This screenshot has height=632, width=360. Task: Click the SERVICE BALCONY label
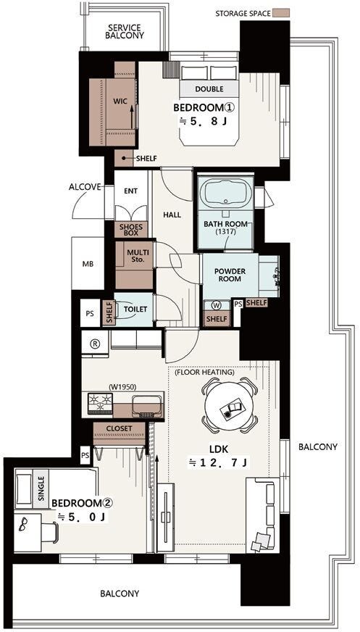(x=125, y=31)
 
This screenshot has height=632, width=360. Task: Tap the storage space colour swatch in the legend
(x=281, y=13)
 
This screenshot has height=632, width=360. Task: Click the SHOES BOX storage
(x=131, y=229)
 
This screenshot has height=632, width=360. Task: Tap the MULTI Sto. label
(x=138, y=256)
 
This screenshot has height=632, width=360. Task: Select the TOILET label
(x=135, y=309)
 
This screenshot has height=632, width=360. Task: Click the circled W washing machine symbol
(x=217, y=306)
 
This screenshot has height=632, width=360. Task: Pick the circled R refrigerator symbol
(x=95, y=344)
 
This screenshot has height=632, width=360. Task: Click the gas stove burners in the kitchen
(x=100, y=404)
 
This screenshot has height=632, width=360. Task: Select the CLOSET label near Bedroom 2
(x=119, y=428)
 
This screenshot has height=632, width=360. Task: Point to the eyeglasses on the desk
(x=23, y=523)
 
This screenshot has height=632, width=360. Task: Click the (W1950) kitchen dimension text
(x=122, y=386)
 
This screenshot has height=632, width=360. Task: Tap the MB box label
(x=88, y=265)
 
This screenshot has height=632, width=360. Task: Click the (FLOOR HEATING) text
(x=204, y=372)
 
